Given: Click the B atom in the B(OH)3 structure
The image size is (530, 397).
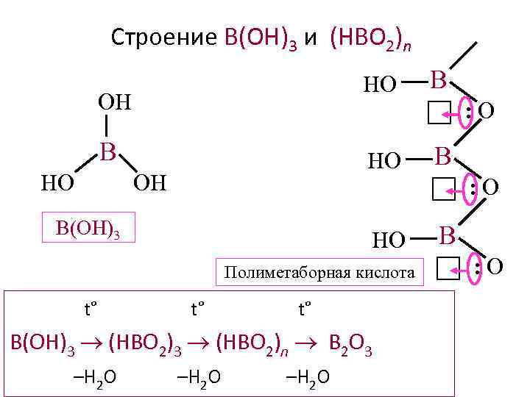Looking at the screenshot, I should pos(108,152).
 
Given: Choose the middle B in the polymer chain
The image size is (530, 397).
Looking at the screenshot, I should pos(442,156).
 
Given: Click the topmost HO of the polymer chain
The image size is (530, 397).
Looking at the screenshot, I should pos(381,85).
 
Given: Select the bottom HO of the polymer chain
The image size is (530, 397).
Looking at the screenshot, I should pos(389,240).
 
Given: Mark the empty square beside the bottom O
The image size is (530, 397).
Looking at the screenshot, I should pos(448,270).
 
